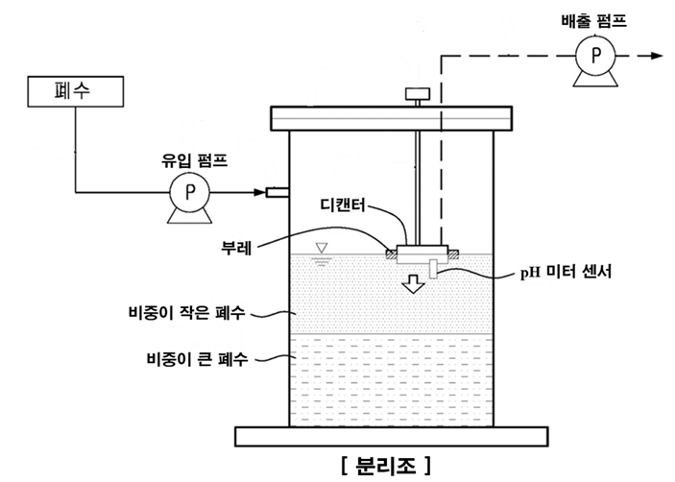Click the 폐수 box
(x=74, y=92)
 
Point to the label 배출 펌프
(x=595, y=17)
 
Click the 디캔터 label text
(x=347, y=205)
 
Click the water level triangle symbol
(x=324, y=249)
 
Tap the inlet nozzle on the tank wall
(x=277, y=193)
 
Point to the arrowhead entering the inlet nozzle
(x=261, y=193)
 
